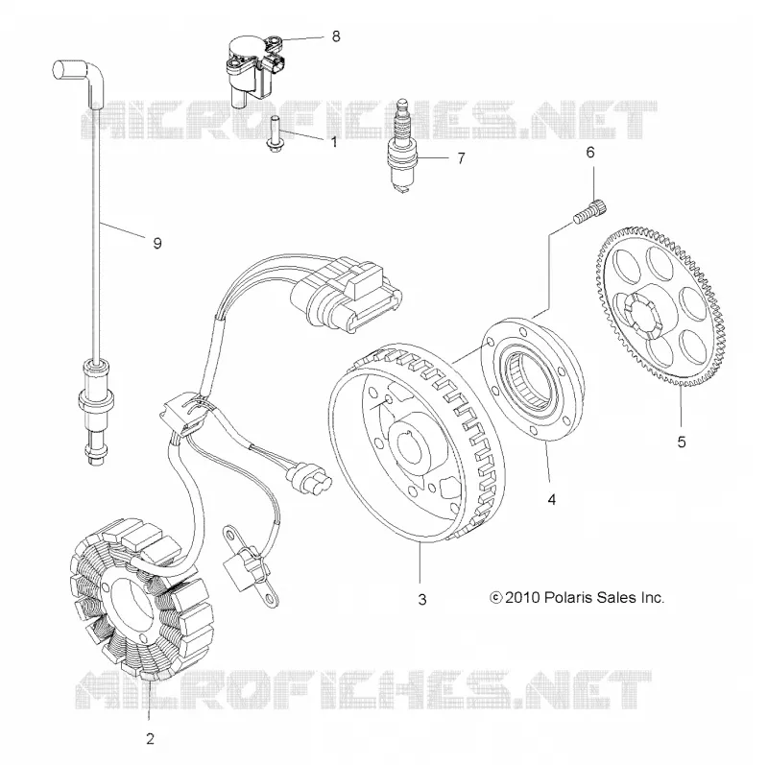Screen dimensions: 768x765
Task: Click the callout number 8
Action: coord(335,36)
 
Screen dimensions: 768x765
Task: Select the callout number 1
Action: coord(334,142)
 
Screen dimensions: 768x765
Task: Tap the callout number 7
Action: coord(461,158)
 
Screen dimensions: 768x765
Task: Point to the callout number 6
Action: coord(590,153)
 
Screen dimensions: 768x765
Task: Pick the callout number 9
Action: coord(157,243)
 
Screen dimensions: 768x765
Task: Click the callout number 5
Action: coord(682,442)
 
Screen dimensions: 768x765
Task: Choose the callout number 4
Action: coord(552,499)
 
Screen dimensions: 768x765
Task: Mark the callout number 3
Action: coord(422,600)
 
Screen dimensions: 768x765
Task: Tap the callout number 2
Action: coord(150,738)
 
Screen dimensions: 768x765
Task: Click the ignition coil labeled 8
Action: coord(253,69)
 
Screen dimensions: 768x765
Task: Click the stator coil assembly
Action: coord(139,600)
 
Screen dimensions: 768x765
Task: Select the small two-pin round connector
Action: coord(307,477)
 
